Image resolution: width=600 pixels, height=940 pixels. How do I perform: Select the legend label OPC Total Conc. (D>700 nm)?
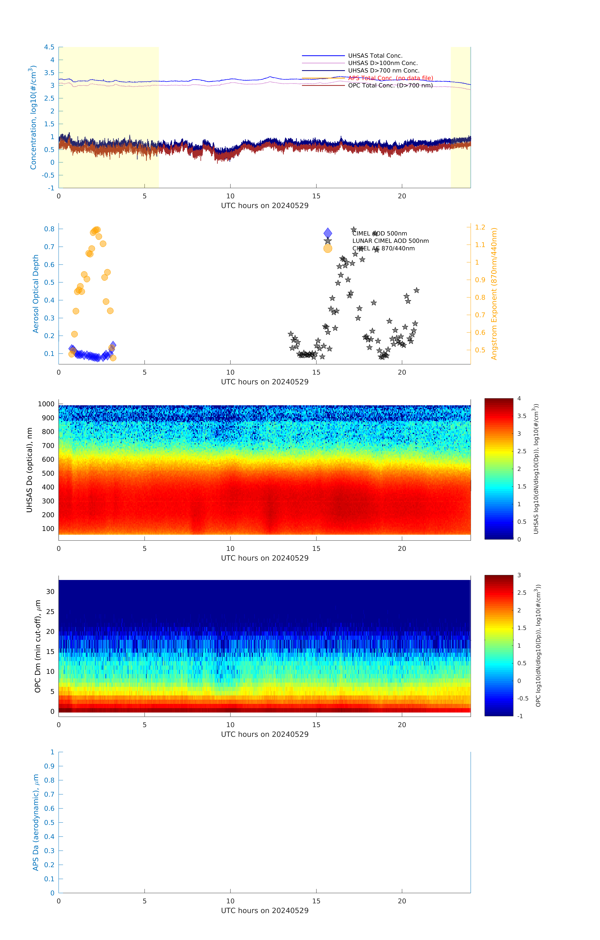pyautogui.click(x=390, y=86)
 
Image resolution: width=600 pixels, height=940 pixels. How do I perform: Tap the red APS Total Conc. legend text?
pyautogui.click(x=390, y=78)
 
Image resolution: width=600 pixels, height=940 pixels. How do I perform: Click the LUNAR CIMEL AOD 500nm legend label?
pyautogui.click(x=390, y=241)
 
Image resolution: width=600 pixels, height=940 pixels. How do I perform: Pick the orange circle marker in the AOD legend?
pyautogui.click(x=328, y=248)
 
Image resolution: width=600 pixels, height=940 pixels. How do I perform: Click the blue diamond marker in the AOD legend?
pyautogui.click(x=328, y=233)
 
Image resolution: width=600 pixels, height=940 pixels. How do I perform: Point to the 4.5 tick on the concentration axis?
pyautogui.click(x=49, y=47)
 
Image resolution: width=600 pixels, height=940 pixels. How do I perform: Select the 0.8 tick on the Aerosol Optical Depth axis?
pyautogui.click(x=49, y=229)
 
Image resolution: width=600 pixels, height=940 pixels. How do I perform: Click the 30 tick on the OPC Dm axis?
pyautogui.click(x=50, y=592)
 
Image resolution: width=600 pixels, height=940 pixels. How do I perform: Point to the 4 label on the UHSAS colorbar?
pyautogui.click(x=519, y=399)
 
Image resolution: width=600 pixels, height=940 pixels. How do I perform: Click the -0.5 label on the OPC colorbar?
pyautogui.click(x=523, y=698)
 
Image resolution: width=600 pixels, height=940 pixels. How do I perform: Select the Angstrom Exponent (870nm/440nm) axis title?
pyautogui.click(x=494, y=294)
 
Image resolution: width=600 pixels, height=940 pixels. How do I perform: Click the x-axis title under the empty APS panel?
pyautogui.click(x=265, y=911)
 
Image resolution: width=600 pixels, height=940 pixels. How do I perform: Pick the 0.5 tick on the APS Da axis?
pyautogui.click(x=49, y=822)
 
